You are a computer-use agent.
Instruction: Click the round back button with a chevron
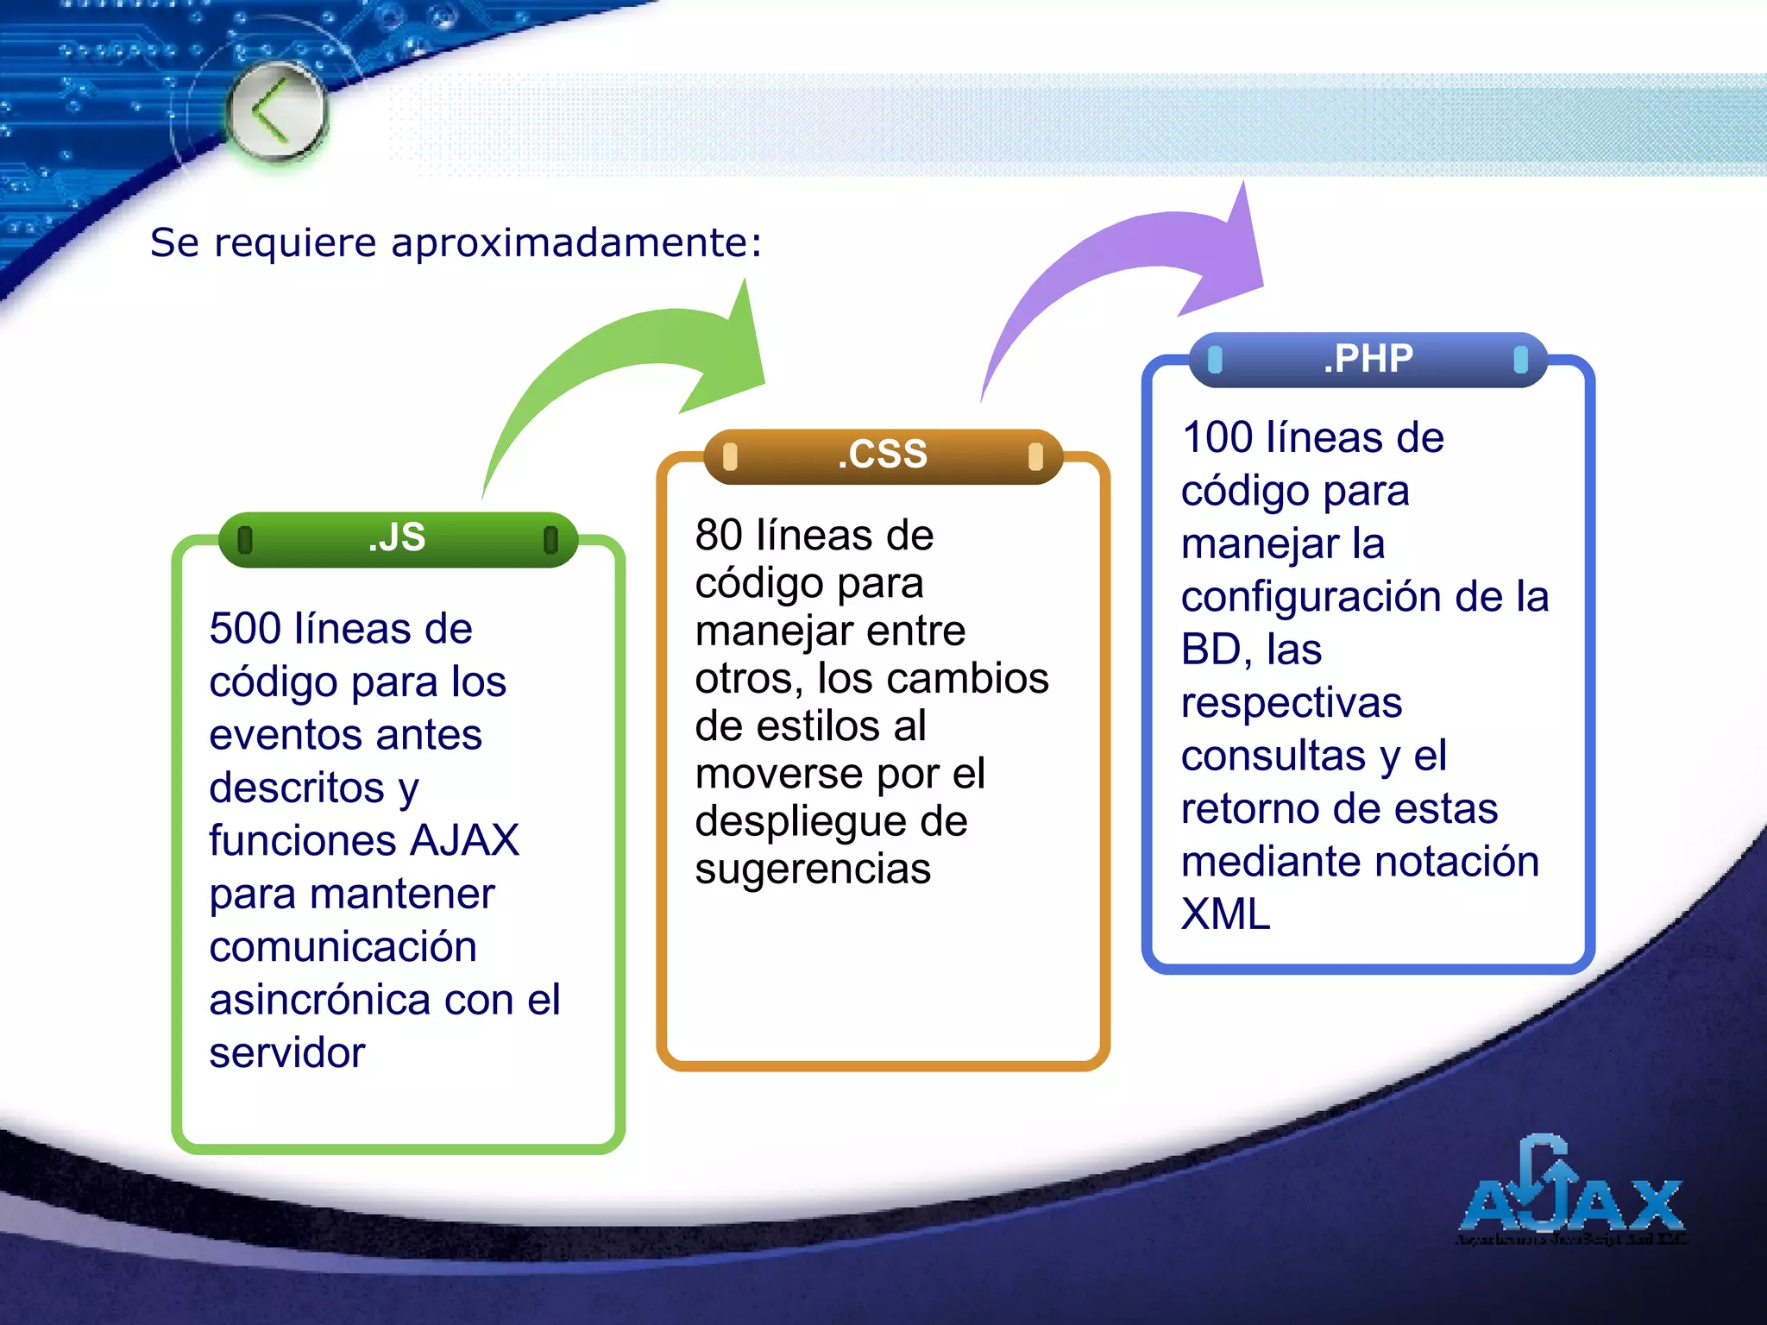tap(277, 112)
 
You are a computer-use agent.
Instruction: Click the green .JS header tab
tap(398, 538)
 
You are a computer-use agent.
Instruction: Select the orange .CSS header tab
tap(883, 455)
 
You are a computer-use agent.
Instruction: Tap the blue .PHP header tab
tap(1368, 359)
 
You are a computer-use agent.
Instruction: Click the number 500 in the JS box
tap(244, 629)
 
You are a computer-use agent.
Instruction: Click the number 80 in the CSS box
tap(719, 536)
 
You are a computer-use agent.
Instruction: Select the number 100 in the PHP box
tap(1217, 438)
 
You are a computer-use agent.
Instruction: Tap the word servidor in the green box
tap(287, 1053)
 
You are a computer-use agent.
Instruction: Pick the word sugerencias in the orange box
tap(813, 870)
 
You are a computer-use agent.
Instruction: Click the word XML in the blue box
tap(1225, 914)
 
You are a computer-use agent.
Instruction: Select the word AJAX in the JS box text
tap(465, 841)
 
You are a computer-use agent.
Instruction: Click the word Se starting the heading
tap(174, 242)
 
